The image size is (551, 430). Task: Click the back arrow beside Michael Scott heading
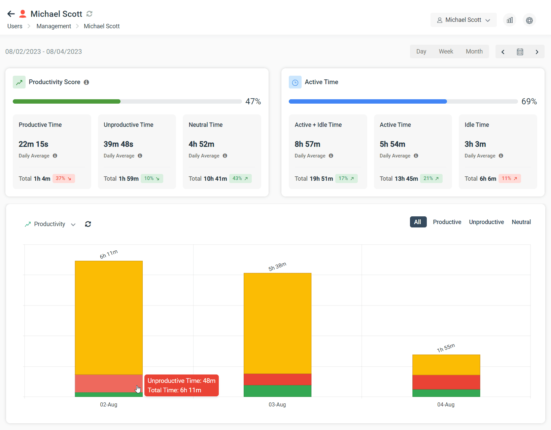click(11, 14)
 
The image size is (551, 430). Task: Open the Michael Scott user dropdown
click(463, 20)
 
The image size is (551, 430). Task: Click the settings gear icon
click(529, 20)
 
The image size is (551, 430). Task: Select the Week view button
click(446, 51)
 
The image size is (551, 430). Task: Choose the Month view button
click(474, 51)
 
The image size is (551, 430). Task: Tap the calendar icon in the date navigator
click(520, 52)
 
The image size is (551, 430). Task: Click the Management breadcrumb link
click(54, 26)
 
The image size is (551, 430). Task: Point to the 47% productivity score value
click(253, 101)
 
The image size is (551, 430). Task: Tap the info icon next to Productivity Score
click(87, 82)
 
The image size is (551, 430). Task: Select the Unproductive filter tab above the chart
click(486, 222)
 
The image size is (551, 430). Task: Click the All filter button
click(418, 222)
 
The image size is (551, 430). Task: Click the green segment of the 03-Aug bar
click(277, 391)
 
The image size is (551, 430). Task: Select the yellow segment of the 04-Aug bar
click(446, 365)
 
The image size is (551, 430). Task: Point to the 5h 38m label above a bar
click(277, 266)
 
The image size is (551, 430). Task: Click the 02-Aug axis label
click(108, 404)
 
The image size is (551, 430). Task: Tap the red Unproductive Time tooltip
click(181, 385)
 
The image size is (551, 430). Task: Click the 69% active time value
click(529, 101)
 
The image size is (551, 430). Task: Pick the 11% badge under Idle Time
click(509, 178)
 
